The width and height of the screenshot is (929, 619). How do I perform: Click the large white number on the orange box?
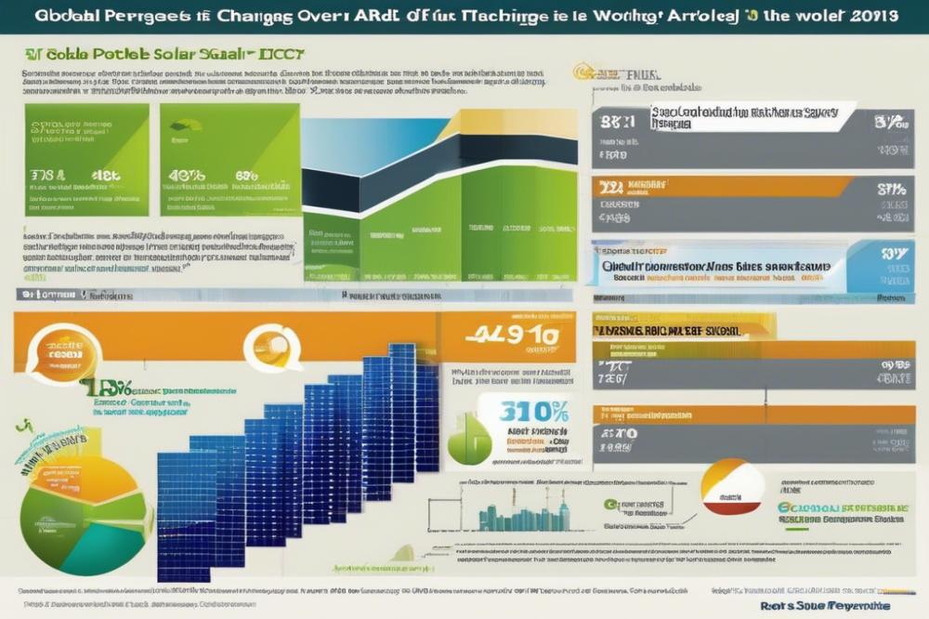(x=503, y=335)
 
